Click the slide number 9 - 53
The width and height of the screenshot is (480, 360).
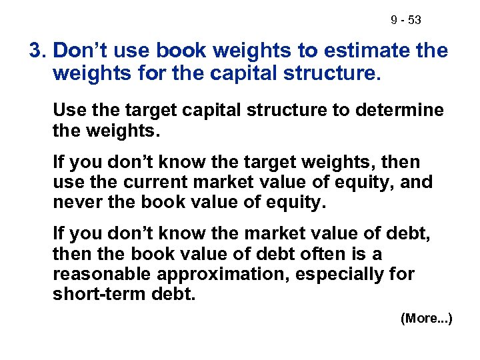pyautogui.click(x=405, y=21)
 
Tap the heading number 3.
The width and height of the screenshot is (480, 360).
pyautogui.click(x=37, y=51)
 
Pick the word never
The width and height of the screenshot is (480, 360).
pyautogui.click(x=74, y=201)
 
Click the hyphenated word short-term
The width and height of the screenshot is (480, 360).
pyautogui.click(x=100, y=294)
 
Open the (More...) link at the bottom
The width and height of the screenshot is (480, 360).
pyautogui.click(x=427, y=319)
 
